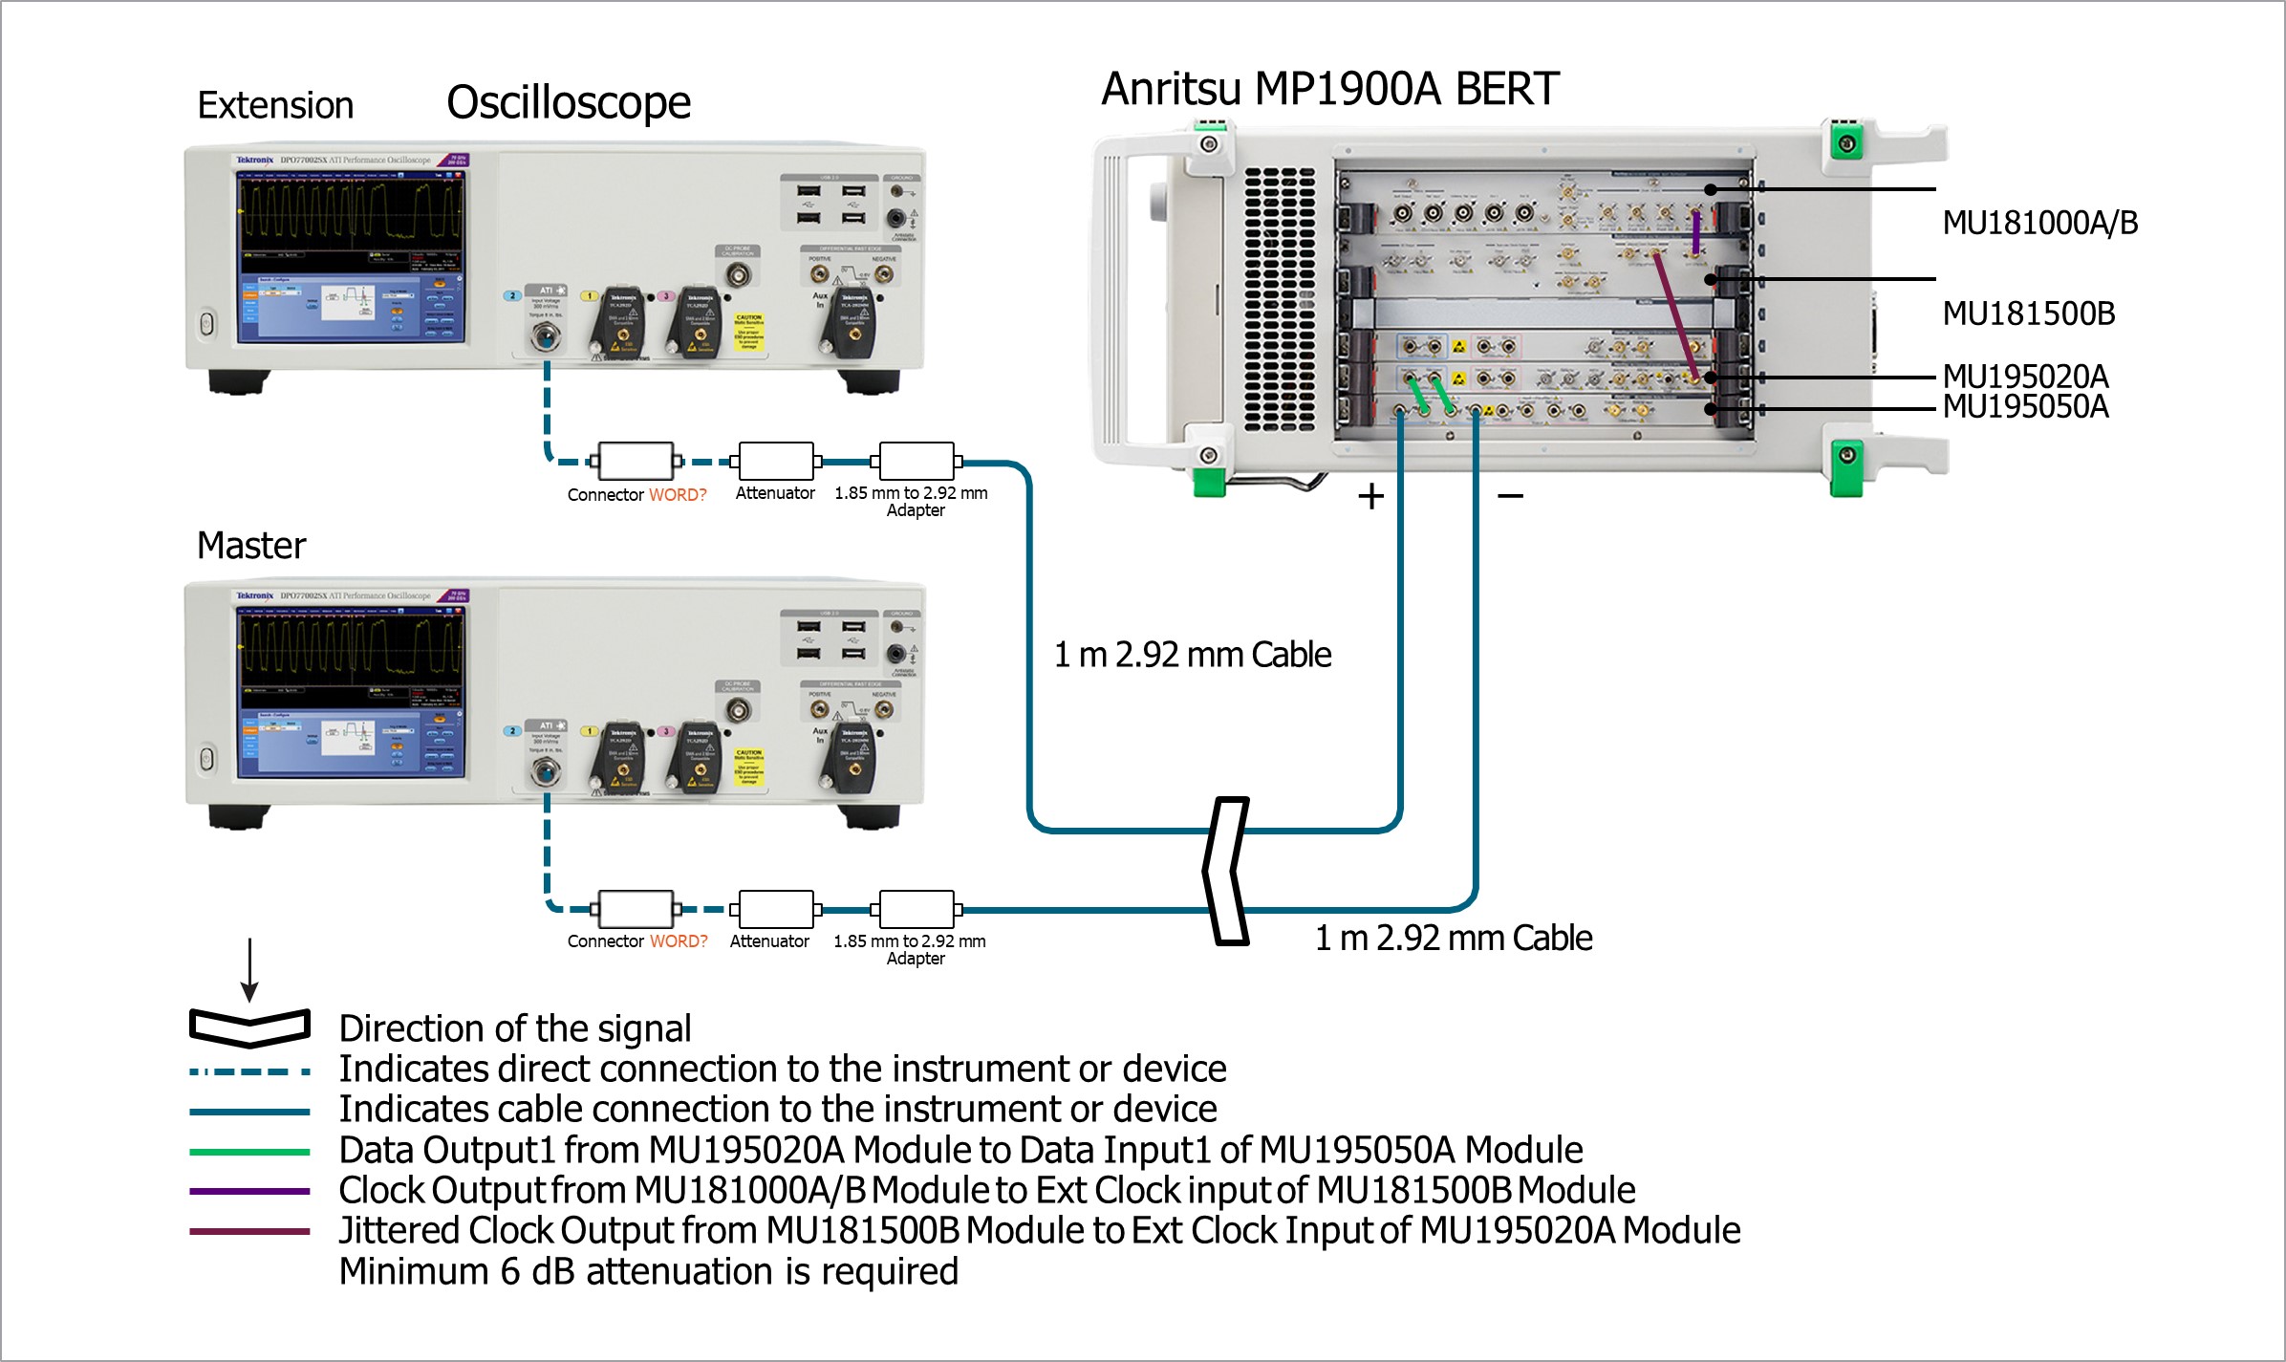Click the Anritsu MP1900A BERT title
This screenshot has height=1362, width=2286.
coord(1329,89)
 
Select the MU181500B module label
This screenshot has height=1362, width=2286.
coord(2028,313)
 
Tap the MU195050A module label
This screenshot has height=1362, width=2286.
coord(2025,407)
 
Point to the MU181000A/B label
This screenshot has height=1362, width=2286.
coord(2039,224)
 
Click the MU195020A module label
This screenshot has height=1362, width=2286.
coord(2025,376)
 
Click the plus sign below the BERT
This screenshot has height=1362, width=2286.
coord(1370,496)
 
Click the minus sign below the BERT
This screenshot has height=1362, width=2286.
coord(1510,496)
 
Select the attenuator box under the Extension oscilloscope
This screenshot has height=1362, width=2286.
coord(776,462)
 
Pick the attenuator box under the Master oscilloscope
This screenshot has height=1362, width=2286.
coord(776,909)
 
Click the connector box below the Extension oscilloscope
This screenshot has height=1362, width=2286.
coord(636,462)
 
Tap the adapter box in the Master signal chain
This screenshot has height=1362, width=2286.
coord(916,909)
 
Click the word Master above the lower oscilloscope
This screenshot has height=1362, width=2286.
coord(251,546)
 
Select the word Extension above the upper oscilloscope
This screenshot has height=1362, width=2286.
coord(275,105)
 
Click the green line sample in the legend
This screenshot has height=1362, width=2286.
coord(249,1152)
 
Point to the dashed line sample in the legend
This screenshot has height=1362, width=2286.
coord(249,1072)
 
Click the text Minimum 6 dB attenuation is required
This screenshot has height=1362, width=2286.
coord(648,1272)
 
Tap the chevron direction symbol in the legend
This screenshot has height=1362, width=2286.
coord(249,1027)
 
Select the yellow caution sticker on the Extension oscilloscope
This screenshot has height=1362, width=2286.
coord(749,331)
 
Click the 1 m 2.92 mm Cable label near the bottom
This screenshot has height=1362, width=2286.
coord(1453,939)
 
